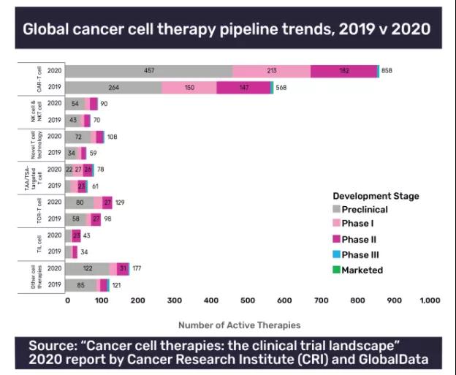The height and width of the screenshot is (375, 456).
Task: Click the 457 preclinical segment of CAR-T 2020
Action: click(149, 71)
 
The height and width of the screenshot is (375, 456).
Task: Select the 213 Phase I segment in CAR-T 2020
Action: click(271, 71)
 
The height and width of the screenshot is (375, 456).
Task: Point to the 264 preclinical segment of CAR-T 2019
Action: click(114, 88)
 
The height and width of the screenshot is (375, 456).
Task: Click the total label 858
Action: click(387, 71)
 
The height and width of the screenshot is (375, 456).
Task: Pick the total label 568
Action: click(281, 88)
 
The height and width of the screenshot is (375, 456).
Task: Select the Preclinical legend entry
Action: click(360, 210)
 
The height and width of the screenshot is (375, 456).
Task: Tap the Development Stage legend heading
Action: click(376, 196)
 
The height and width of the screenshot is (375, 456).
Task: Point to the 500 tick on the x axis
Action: click(248, 300)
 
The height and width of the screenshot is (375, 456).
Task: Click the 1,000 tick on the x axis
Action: click(430, 300)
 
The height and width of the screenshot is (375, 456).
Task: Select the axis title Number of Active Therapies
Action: click(240, 325)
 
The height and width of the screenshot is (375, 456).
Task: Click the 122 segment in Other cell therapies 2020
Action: click(88, 268)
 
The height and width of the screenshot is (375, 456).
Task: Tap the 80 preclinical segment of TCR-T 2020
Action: click(80, 202)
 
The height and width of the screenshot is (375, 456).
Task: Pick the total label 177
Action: click(137, 268)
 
